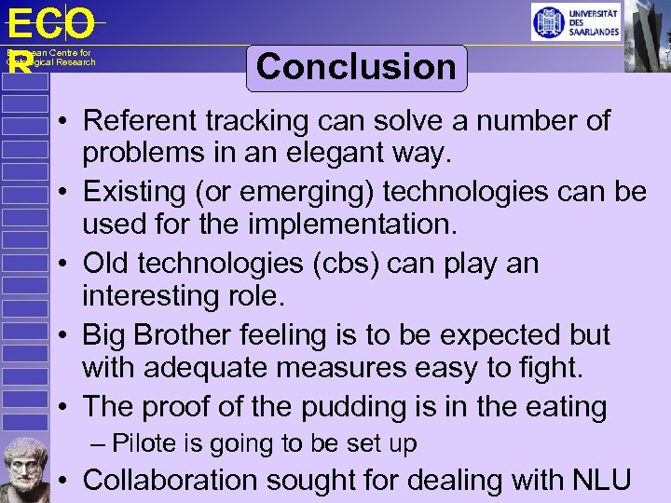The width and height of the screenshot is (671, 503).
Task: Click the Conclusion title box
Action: [x=356, y=67]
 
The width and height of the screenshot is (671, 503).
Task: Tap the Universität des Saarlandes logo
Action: [x=575, y=21]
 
